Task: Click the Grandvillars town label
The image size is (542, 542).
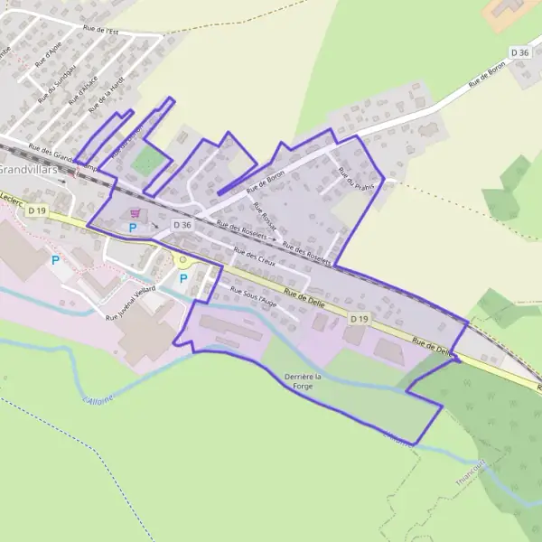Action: pyautogui.click(x=28, y=169)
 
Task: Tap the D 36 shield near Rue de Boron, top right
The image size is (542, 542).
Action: pyautogui.click(x=519, y=53)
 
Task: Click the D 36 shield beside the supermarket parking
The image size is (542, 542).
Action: pyautogui.click(x=182, y=225)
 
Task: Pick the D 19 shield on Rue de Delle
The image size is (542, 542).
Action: pyautogui.click(x=360, y=319)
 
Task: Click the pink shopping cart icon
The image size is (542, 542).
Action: pyautogui.click(x=135, y=213)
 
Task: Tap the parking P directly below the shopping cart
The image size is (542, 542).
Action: pyautogui.click(x=133, y=229)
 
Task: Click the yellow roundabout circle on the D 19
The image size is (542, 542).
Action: pyautogui.click(x=182, y=260)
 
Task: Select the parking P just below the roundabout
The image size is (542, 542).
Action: pyautogui.click(x=183, y=278)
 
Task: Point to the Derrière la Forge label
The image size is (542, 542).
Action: pyautogui.click(x=302, y=380)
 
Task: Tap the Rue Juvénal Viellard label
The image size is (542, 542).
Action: pyautogui.click(x=131, y=303)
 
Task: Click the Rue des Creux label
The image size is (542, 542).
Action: pyautogui.click(x=253, y=257)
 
